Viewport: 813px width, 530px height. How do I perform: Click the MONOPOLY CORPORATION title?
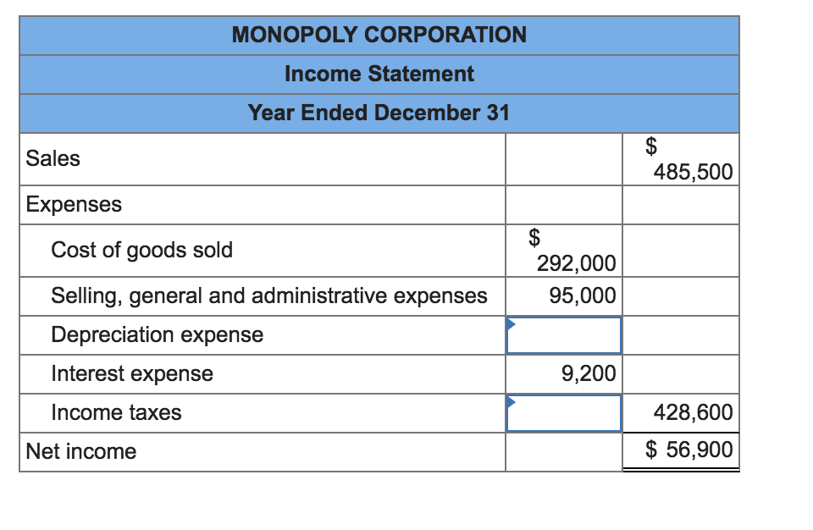(x=379, y=35)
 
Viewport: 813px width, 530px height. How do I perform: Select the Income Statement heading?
(x=379, y=74)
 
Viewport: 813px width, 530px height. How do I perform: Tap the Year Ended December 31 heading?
(x=379, y=113)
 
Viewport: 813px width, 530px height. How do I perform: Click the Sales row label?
(x=53, y=158)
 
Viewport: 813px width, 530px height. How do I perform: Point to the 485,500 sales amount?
(x=693, y=172)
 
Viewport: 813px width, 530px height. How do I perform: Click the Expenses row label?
(x=74, y=204)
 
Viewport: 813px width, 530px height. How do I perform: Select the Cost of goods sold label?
(x=142, y=250)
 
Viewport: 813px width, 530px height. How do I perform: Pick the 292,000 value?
(x=576, y=263)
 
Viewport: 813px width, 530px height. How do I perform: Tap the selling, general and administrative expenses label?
(x=269, y=295)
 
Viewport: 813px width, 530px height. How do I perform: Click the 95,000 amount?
(x=583, y=295)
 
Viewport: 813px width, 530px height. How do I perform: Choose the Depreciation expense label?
(x=158, y=334)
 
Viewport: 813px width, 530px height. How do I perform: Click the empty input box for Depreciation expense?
(x=564, y=335)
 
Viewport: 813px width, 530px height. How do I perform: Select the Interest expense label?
(x=132, y=373)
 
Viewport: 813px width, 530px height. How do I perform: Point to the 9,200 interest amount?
(x=589, y=373)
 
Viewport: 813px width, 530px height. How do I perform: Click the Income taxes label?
(x=116, y=413)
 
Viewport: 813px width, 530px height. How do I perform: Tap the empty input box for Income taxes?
(x=564, y=413)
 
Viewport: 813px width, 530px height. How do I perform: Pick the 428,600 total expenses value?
(x=693, y=413)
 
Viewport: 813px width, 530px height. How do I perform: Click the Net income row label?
(x=81, y=451)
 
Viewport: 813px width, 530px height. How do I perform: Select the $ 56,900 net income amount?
(x=689, y=449)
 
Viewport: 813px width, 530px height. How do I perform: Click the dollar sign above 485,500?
(x=651, y=146)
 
